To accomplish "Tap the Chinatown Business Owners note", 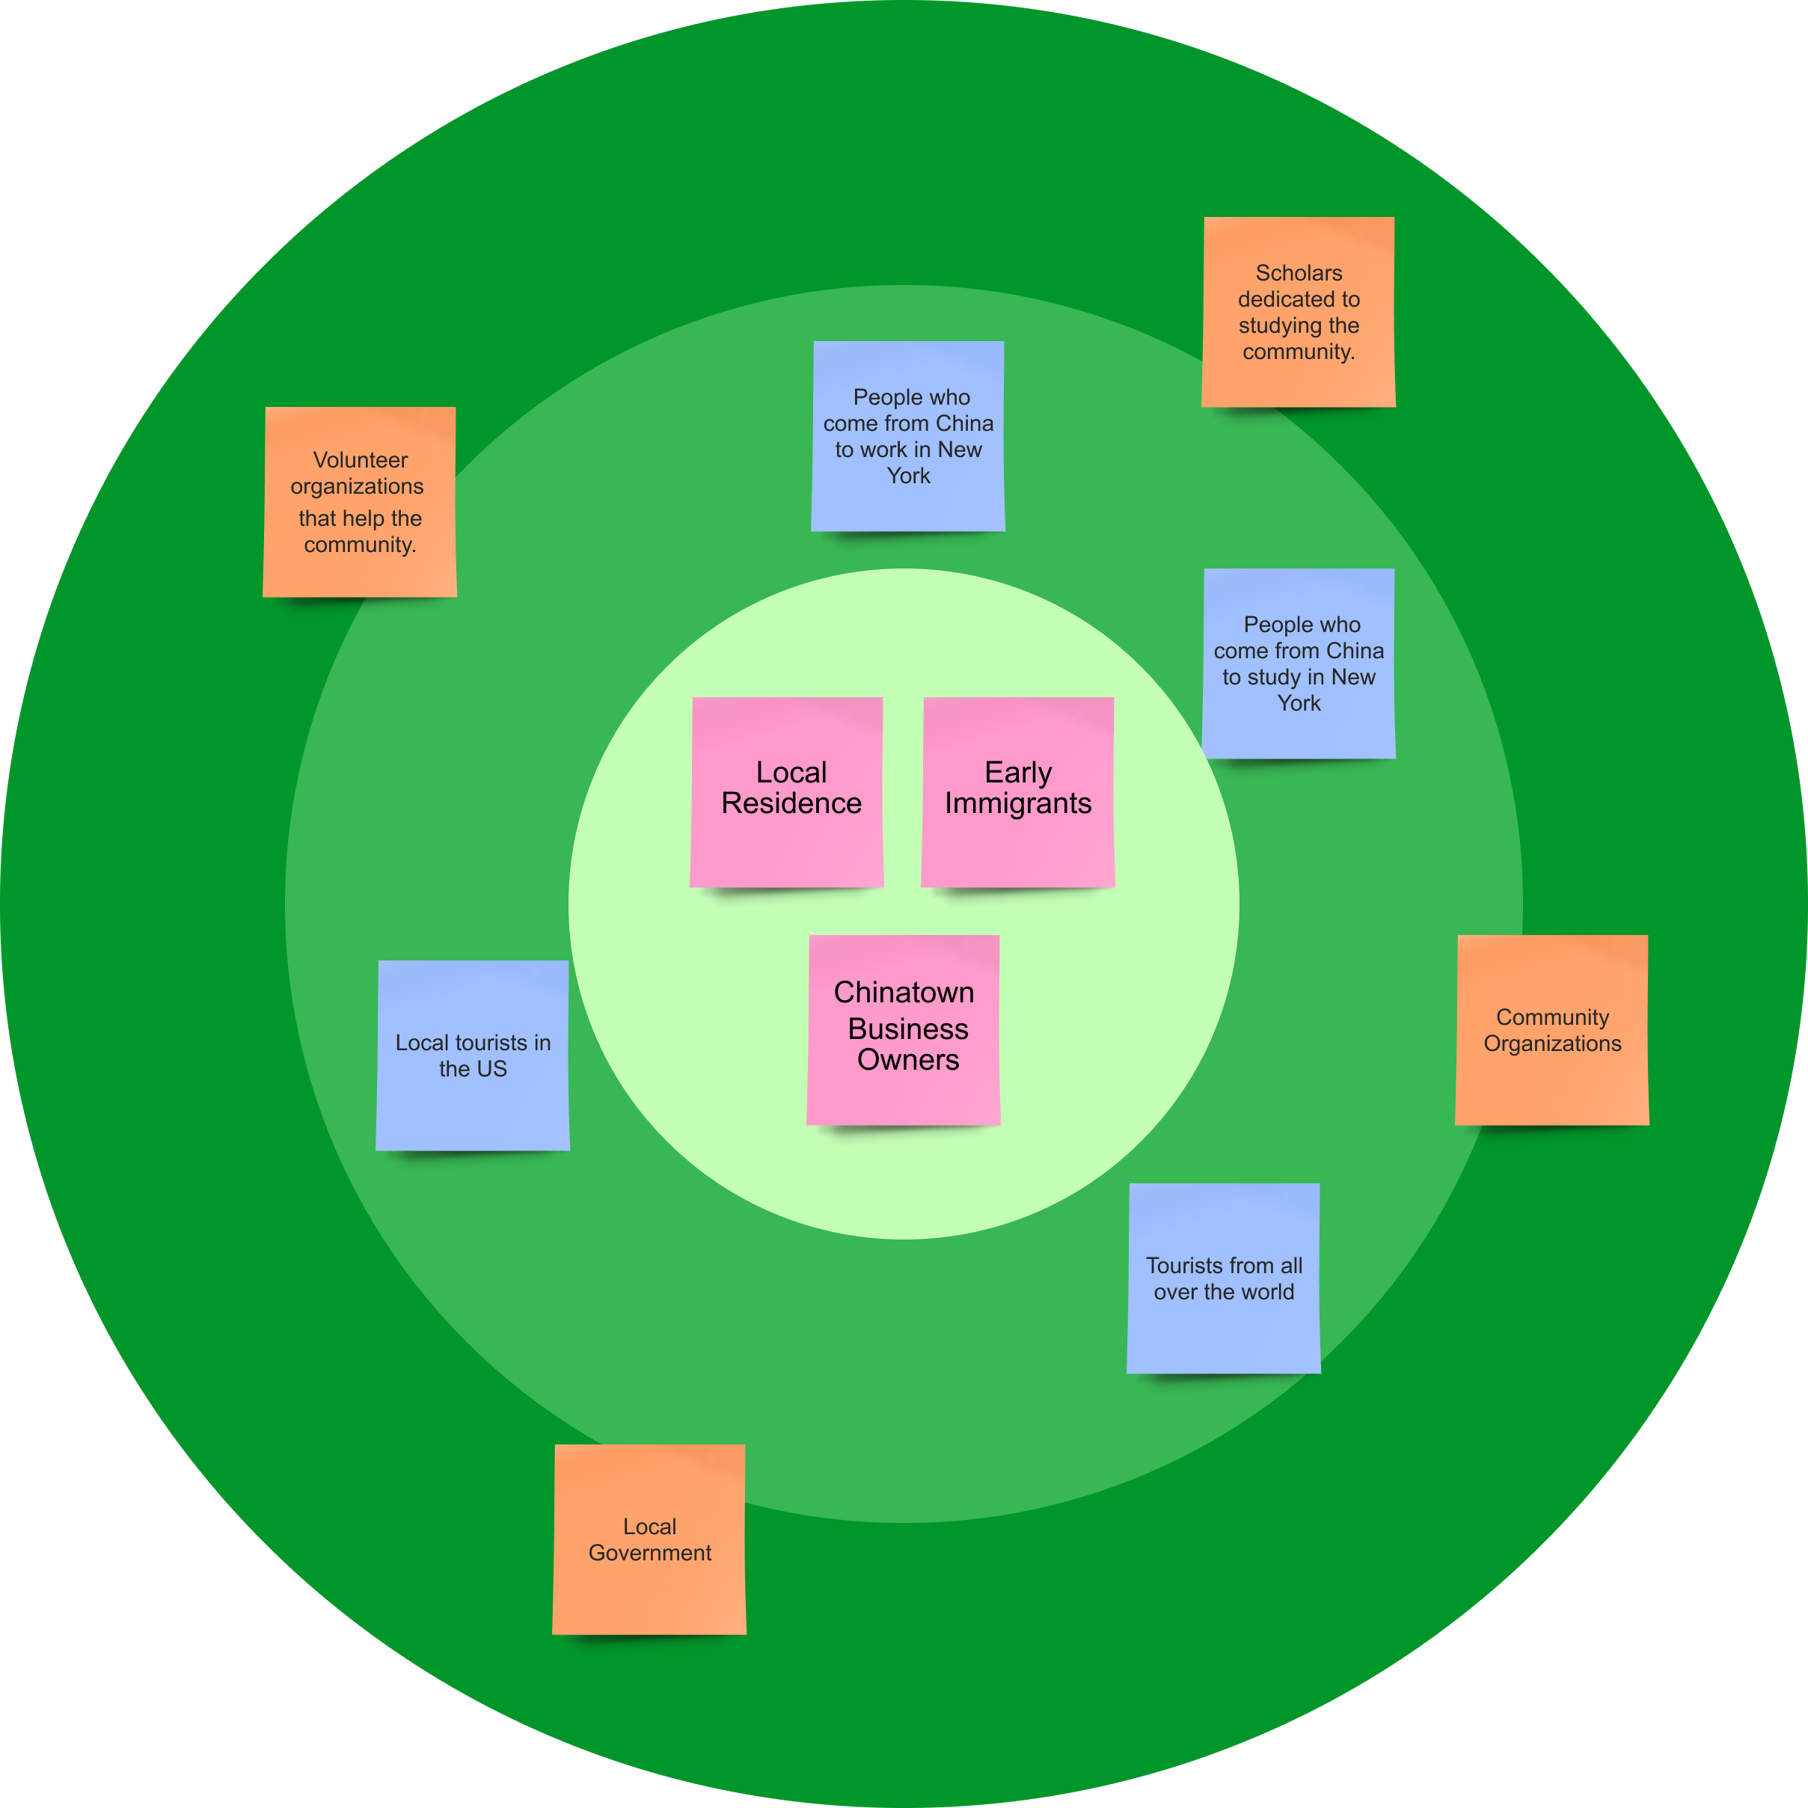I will click(904, 1029).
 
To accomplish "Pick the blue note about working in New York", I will click(908, 436).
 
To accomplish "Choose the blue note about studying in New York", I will click(1299, 664).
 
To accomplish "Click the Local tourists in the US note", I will click(473, 1055).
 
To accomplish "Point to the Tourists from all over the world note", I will click(1224, 1278).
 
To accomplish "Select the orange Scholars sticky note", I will click(1299, 312).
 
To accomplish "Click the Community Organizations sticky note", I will click(1552, 1029).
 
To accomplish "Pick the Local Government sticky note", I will click(649, 1539).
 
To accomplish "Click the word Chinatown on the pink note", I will click(904, 992).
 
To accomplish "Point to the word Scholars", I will click(1299, 273).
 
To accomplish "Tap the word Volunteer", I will click(361, 461).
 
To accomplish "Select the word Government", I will click(650, 1552).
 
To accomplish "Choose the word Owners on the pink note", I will click(909, 1060).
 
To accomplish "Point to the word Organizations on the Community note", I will click(1552, 1044).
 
